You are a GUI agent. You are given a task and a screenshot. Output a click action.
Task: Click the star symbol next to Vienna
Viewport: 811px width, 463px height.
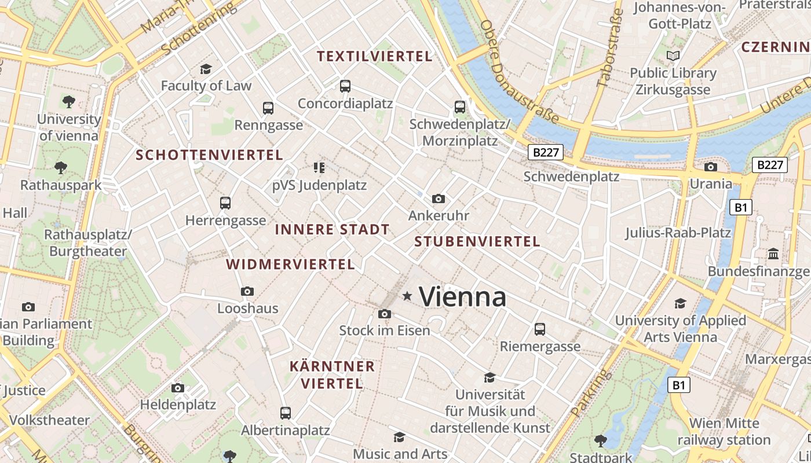407,296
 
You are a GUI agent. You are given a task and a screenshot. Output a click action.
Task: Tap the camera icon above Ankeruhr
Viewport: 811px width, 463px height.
439,199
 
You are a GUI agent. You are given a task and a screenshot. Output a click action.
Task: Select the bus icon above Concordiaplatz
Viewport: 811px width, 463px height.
345,86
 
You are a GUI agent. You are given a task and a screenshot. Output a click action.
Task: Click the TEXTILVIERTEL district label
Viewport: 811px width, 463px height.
375,56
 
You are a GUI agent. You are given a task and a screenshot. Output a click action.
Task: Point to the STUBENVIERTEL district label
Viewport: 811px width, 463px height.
477,242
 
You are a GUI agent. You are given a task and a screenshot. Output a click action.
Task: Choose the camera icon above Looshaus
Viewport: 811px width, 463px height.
247,291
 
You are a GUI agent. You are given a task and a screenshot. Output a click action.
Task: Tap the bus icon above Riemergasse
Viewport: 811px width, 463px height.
540,329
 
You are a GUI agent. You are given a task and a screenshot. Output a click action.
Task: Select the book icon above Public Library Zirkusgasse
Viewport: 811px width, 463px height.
673,56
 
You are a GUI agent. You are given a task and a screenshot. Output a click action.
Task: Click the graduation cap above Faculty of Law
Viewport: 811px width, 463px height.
206,69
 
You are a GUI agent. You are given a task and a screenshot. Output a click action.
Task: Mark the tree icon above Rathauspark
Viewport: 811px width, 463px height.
60,168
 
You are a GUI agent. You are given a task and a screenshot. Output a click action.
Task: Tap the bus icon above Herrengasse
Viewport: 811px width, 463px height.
225,203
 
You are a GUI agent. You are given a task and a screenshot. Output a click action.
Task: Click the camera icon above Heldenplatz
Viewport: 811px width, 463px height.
178,388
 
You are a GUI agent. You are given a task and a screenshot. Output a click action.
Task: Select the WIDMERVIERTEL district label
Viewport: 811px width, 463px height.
290,264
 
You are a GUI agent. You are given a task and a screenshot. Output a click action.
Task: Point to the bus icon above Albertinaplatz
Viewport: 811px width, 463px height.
285,413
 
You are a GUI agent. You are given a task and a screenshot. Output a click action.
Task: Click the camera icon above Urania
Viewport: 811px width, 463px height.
710,167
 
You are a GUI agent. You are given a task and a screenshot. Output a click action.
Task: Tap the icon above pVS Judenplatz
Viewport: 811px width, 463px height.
319,168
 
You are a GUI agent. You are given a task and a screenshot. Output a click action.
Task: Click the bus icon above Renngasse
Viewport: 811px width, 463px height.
268,108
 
